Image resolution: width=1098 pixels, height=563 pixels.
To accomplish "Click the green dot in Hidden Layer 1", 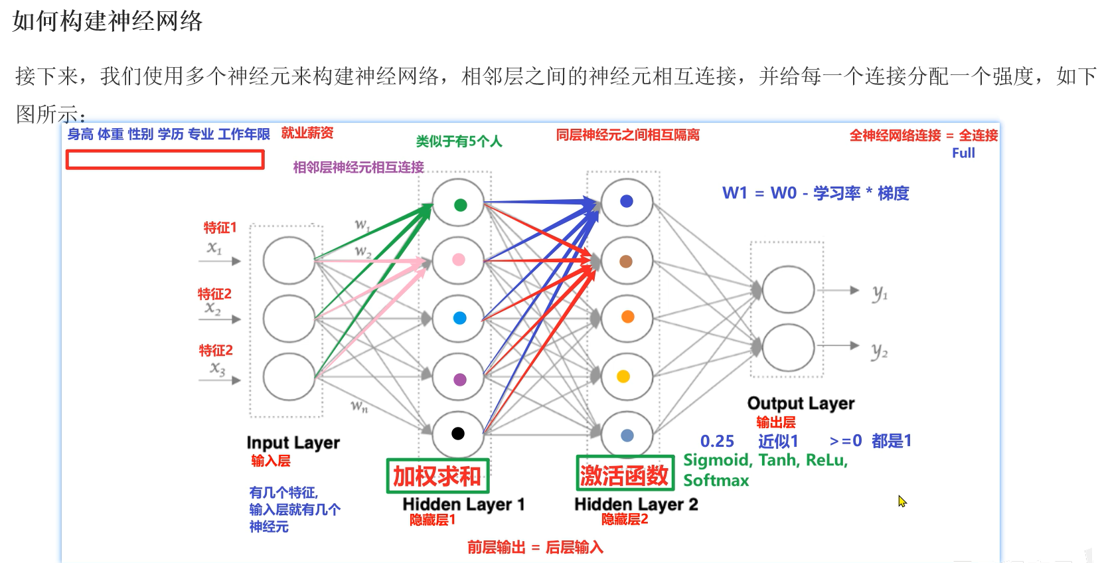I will click(x=460, y=204).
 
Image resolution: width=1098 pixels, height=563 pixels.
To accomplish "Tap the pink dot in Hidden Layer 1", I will click(x=459, y=260).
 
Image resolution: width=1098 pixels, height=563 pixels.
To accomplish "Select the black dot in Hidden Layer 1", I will click(x=458, y=434).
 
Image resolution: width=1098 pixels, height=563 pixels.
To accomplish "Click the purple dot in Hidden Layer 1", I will click(x=459, y=380).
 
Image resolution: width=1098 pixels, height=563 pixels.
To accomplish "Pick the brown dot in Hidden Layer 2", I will click(x=626, y=261).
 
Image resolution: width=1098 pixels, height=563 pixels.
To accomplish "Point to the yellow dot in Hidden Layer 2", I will click(x=623, y=376).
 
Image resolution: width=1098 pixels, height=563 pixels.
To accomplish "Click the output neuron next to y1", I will click(x=788, y=289).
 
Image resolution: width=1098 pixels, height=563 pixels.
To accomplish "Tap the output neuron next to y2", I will click(x=788, y=347).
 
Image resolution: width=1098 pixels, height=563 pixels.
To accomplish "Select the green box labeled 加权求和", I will click(x=437, y=476).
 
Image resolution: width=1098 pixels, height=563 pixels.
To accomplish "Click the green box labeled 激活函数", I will click(x=625, y=474).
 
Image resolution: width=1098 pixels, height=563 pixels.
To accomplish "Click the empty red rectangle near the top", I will click(x=165, y=159).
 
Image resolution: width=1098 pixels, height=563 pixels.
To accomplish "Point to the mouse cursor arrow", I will click(x=902, y=501).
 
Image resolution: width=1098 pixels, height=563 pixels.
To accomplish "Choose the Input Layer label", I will click(x=293, y=442).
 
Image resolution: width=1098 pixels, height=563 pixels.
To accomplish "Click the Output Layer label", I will click(x=801, y=403).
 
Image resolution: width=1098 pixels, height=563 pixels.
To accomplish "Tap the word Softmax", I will click(x=716, y=480).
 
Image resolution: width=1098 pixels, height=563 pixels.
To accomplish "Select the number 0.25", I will click(x=717, y=441).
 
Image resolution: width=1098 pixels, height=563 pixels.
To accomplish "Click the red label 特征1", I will click(x=220, y=228).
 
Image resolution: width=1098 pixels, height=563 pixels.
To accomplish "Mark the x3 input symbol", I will click(x=218, y=368).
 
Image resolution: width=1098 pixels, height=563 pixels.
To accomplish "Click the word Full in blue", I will click(x=963, y=153).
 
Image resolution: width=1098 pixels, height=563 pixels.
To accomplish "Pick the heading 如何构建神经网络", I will click(x=108, y=21).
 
